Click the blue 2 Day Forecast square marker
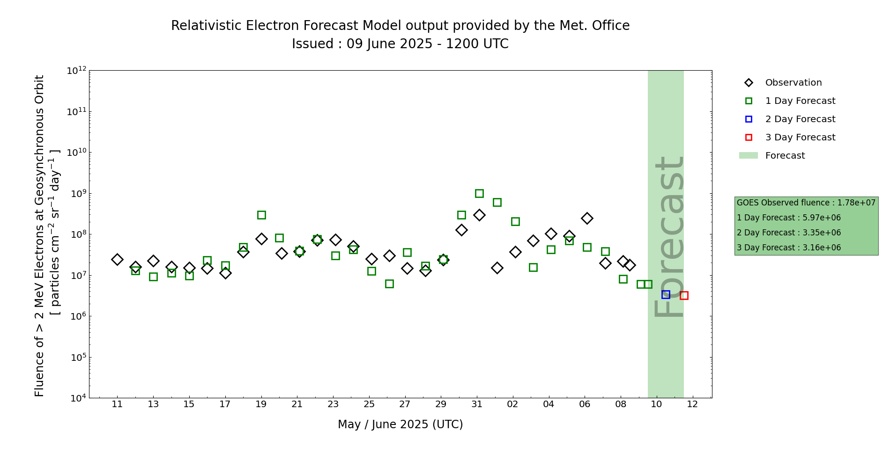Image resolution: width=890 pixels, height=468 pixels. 666,294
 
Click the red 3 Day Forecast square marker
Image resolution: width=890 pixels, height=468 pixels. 684,295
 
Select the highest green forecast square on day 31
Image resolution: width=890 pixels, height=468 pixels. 479,193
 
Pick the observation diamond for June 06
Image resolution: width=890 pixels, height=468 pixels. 587,218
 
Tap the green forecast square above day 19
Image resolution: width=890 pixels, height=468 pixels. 261,215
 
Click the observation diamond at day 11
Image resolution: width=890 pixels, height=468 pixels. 117,259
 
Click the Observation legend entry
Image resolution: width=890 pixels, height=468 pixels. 793,83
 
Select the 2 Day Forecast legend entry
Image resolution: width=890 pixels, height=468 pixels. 800,119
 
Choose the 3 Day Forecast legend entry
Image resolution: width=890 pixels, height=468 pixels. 800,138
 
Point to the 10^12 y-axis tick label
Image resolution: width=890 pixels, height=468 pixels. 76,71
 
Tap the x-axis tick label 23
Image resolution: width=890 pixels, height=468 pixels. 333,404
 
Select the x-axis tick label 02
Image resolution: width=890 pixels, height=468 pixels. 512,404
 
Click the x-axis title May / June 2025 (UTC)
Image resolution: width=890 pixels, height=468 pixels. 400,424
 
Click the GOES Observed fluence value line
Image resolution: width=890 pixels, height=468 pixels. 806,203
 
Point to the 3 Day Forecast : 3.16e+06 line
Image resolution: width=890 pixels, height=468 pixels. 788,248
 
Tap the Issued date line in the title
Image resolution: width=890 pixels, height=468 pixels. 400,44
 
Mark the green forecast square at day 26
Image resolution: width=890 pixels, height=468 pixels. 389,284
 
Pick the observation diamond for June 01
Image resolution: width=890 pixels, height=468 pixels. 497,268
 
